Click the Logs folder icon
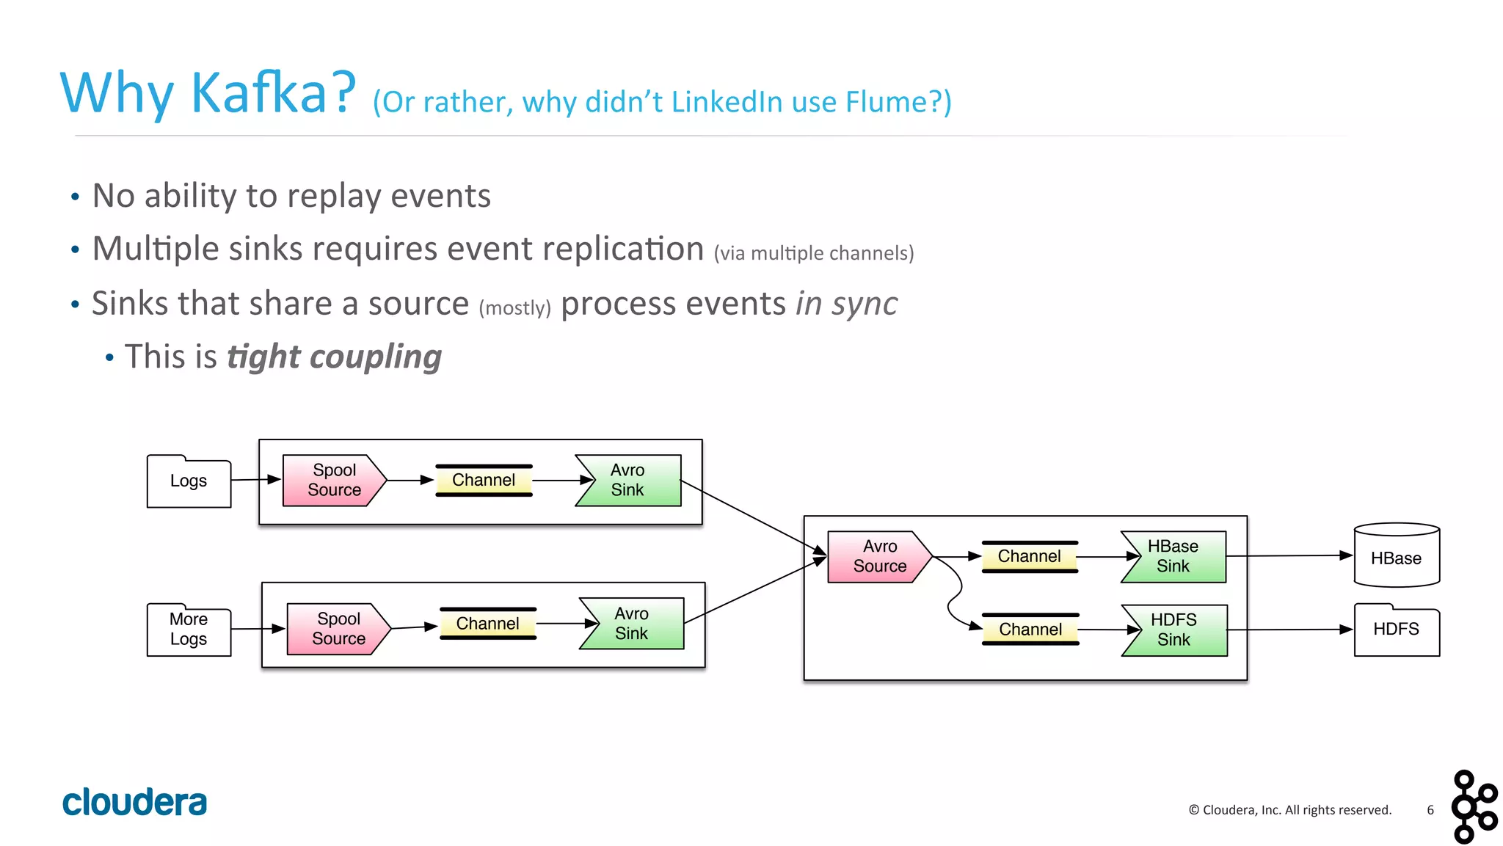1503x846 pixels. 189,481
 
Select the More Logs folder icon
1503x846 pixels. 189,630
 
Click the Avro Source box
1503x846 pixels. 878,557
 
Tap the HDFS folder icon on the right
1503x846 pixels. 1396,630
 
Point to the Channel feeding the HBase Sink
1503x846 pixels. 1029,557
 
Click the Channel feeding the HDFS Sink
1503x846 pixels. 1030,630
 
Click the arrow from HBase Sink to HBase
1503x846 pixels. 1289,556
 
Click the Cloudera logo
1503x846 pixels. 134,802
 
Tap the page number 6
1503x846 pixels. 1430,810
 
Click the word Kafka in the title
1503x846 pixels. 258,93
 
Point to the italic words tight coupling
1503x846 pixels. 334,357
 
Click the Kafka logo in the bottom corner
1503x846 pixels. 1474,806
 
